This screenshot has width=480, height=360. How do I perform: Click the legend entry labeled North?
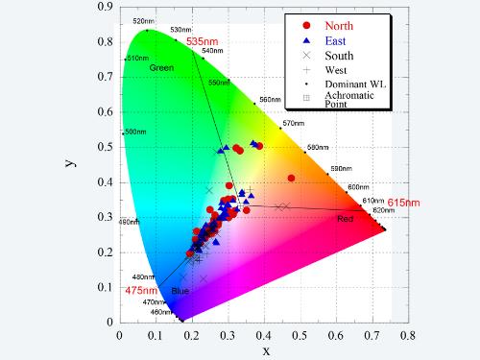(x=340, y=25)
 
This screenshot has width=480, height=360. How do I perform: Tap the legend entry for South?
(x=339, y=56)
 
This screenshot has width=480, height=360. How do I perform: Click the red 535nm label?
(x=201, y=42)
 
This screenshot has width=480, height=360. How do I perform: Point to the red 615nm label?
(x=403, y=203)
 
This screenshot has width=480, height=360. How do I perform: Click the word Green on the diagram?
(x=160, y=67)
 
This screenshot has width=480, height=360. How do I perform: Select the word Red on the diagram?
(x=345, y=220)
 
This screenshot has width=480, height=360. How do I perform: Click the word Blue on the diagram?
(x=180, y=291)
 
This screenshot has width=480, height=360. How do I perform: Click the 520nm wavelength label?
(x=143, y=21)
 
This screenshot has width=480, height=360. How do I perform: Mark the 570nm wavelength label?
(x=292, y=123)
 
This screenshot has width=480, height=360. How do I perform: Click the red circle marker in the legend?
(x=305, y=25)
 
